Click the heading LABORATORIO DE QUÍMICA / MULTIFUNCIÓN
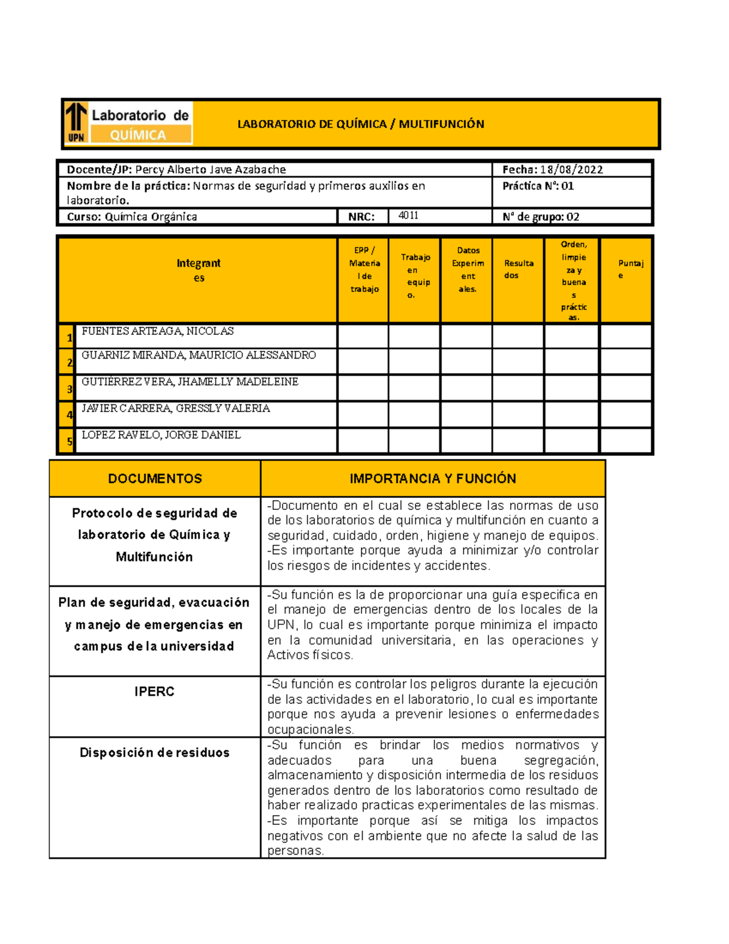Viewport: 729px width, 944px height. pyautogui.click(x=360, y=124)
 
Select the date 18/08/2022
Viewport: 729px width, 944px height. pyautogui.click(x=571, y=170)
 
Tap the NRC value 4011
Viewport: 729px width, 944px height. pyautogui.click(x=408, y=215)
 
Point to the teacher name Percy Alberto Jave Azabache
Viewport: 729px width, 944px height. pyautogui.click(x=210, y=170)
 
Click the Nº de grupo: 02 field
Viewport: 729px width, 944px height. pyautogui.click(x=540, y=216)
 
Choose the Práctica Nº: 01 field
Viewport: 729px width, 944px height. pyautogui.click(x=538, y=186)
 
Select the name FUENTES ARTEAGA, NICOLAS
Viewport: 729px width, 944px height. pyautogui.click(x=157, y=331)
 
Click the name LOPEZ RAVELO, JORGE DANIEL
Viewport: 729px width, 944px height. pyautogui.click(x=161, y=435)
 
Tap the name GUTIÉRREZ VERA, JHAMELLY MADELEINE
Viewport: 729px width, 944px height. pyautogui.click(x=190, y=382)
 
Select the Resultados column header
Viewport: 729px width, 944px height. pyautogui.click(x=518, y=269)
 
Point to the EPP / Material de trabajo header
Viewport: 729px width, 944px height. pyautogui.click(x=364, y=269)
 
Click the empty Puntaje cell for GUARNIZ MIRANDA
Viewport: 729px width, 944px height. pyautogui.click(x=626, y=361)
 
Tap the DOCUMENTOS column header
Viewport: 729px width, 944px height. pyautogui.click(x=155, y=478)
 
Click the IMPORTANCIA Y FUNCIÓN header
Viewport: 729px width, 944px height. pyautogui.click(x=433, y=478)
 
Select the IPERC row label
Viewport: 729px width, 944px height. pyautogui.click(x=154, y=692)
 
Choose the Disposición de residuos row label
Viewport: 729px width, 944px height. pyautogui.click(x=154, y=753)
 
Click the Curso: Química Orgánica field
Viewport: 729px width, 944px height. pyautogui.click(x=132, y=216)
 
